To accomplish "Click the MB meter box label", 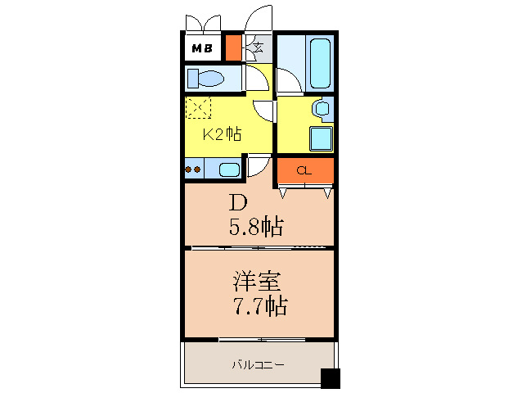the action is click(202, 48).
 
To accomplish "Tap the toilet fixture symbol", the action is click(205, 79).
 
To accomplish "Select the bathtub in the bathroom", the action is click(320, 63).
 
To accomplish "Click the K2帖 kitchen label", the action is click(222, 134).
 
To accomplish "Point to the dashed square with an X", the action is click(198, 107).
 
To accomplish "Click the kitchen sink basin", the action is click(229, 169).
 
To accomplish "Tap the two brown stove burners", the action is click(193, 169).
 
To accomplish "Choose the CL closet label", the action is click(304, 171).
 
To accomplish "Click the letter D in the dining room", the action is click(238, 202).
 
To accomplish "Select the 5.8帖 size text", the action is click(256, 227).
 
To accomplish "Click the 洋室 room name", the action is click(257, 282).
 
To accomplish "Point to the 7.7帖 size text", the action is click(261, 305).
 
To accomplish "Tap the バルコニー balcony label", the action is click(258, 365).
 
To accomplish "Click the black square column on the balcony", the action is click(331, 379).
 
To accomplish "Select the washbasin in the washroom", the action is click(322, 108).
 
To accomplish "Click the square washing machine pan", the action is click(322, 138).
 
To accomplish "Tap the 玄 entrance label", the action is click(259, 47).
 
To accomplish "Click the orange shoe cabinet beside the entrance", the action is click(233, 47).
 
